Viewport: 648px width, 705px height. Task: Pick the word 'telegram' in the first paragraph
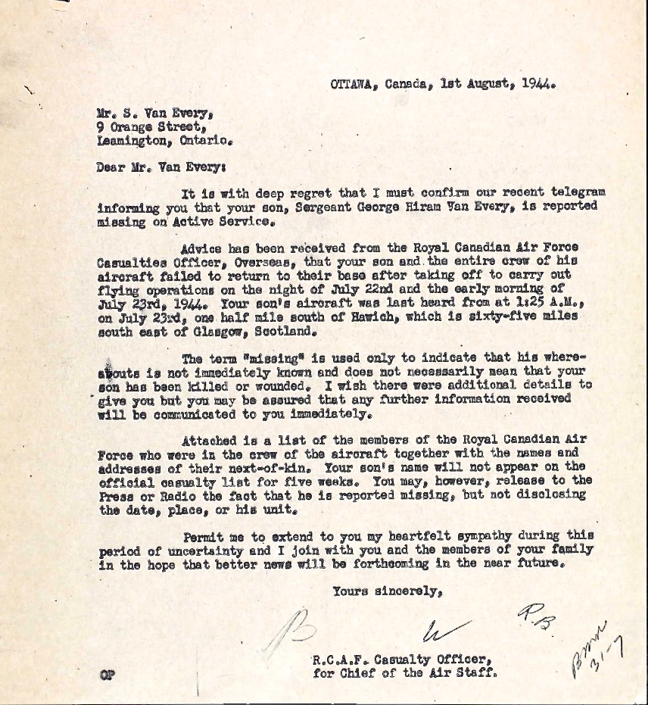pyautogui.click(x=578, y=193)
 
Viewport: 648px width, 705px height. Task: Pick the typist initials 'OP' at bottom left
pyautogui.click(x=105, y=673)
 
